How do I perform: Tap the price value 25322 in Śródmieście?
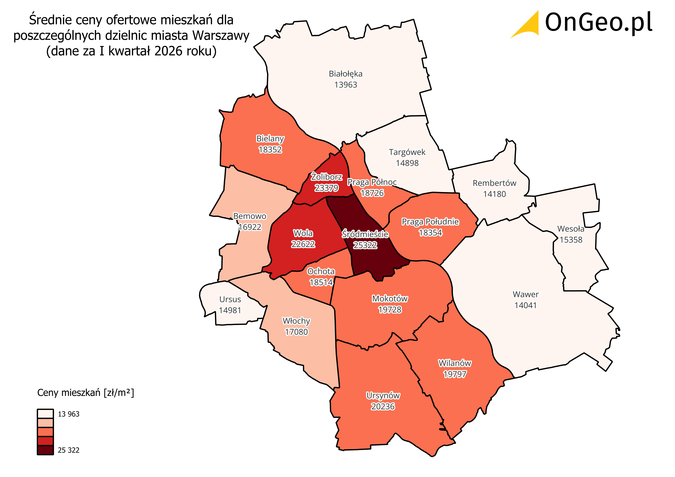pos(365,245)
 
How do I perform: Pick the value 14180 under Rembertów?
pos(494,194)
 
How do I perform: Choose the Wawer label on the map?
pos(525,294)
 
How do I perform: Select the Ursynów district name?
pos(383,396)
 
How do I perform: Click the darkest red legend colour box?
pos(45,450)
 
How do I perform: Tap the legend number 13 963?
pos(69,414)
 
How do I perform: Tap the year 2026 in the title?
pos(168,51)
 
